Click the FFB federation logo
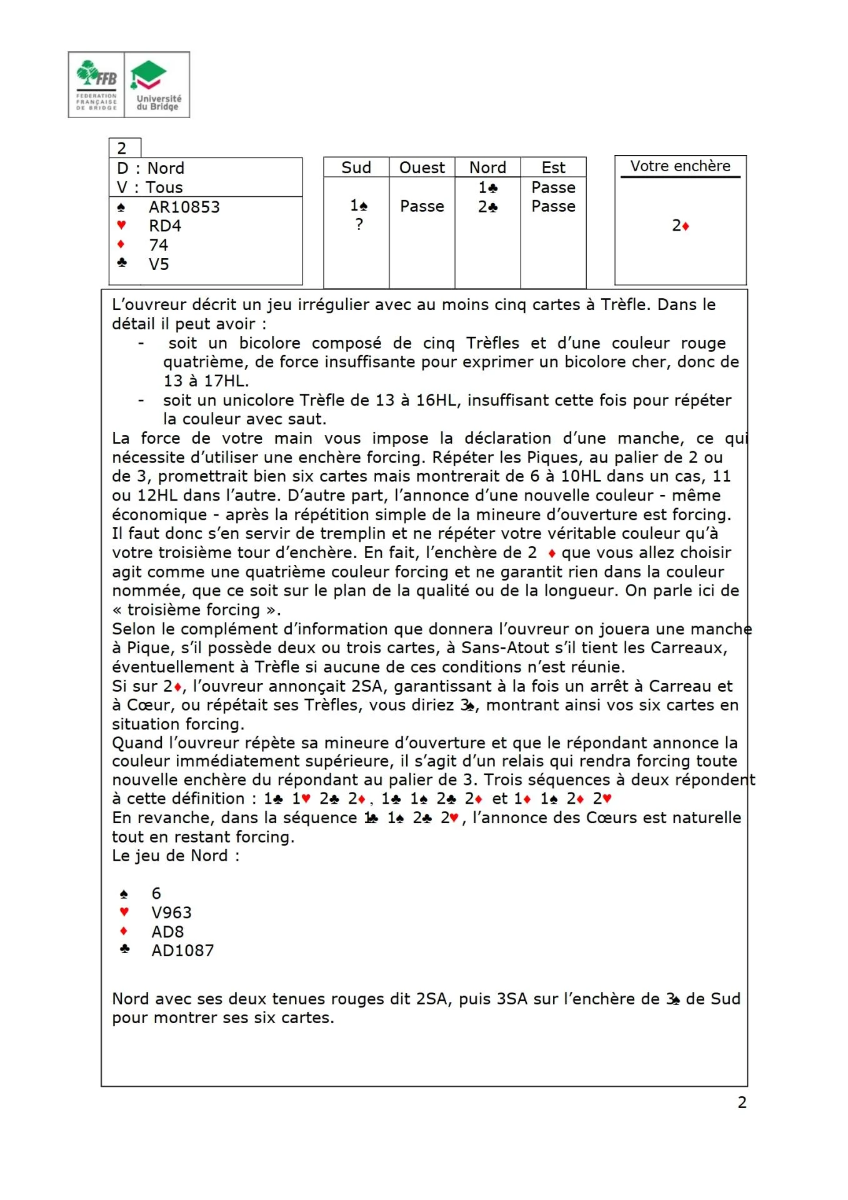pos(96,85)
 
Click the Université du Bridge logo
pos(157,85)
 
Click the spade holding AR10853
pos(184,207)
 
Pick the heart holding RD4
pos(164,226)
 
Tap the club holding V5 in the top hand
pos(159,264)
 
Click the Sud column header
pos(356,167)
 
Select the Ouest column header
pos(422,167)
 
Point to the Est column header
pos(553,167)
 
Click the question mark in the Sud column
pos(359,224)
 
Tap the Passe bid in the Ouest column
pos(422,206)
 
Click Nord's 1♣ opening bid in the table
pos(487,187)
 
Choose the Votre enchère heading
pos(680,166)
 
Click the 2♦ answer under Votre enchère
pos(680,226)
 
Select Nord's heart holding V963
pos(171,912)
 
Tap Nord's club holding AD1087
pos(182,951)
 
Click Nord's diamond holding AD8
pos(167,932)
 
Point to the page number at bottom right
pos(742,1102)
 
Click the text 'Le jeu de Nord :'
pos(176,856)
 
